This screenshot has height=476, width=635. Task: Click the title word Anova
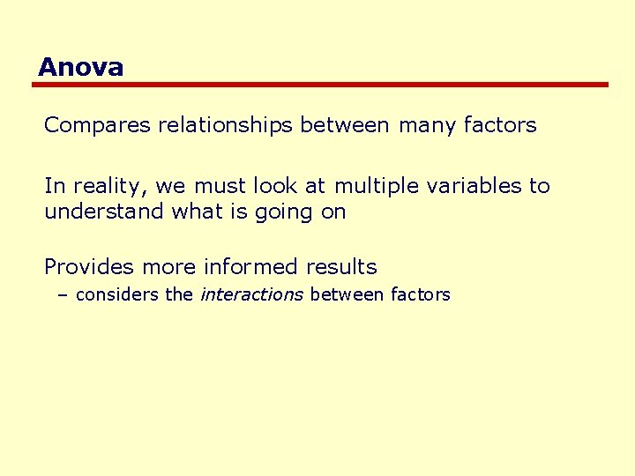pyautogui.click(x=80, y=67)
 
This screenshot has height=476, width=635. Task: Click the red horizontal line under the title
pyautogui.click(x=321, y=85)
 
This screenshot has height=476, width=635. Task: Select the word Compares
pyautogui.click(x=98, y=125)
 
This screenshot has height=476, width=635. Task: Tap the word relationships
pyautogui.click(x=225, y=125)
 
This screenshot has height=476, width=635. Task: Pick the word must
pyautogui.click(x=220, y=186)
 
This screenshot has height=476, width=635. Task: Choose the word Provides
pyautogui.click(x=86, y=266)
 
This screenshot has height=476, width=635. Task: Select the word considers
pyautogui.click(x=118, y=294)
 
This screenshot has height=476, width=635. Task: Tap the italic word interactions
pyautogui.click(x=251, y=294)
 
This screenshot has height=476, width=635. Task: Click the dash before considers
pyautogui.click(x=62, y=294)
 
